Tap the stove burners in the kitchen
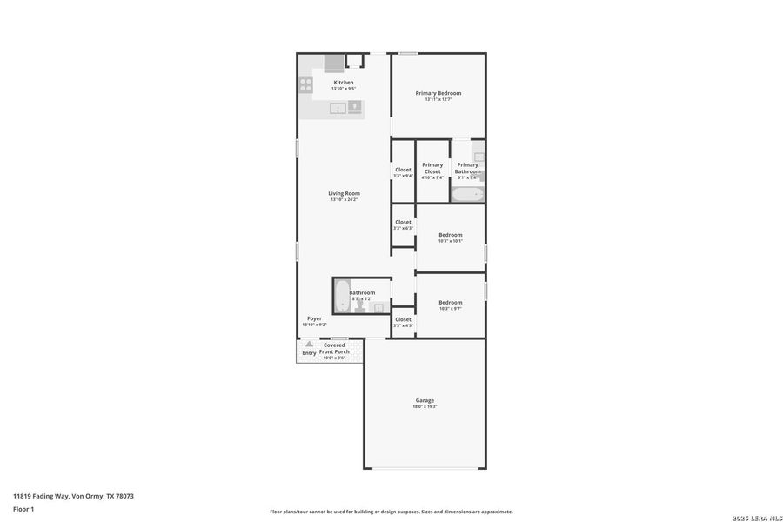pyautogui.click(x=306, y=84)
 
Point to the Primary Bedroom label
pyautogui.click(x=438, y=93)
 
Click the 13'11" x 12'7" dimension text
pyautogui.click(x=438, y=99)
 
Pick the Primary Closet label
pyautogui.click(x=432, y=168)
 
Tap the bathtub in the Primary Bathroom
pyautogui.click(x=467, y=194)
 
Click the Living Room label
pyautogui.click(x=344, y=193)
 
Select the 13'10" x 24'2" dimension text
pyautogui.click(x=344, y=199)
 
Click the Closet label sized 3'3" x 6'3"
pyautogui.click(x=403, y=222)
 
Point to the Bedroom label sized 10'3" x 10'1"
pyautogui.click(x=450, y=235)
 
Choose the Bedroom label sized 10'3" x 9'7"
pyautogui.click(x=450, y=302)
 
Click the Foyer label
pyautogui.click(x=314, y=318)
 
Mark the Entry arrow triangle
pyautogui.click(x=309, y=344)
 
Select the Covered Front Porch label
pyautogui.click(x=334, y=348)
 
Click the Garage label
pyautogui.click(x=425, y=400)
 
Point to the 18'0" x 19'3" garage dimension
pyautogui.click(x=425, y=406)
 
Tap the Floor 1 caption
pyautogui.click(x=23, y=508)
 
